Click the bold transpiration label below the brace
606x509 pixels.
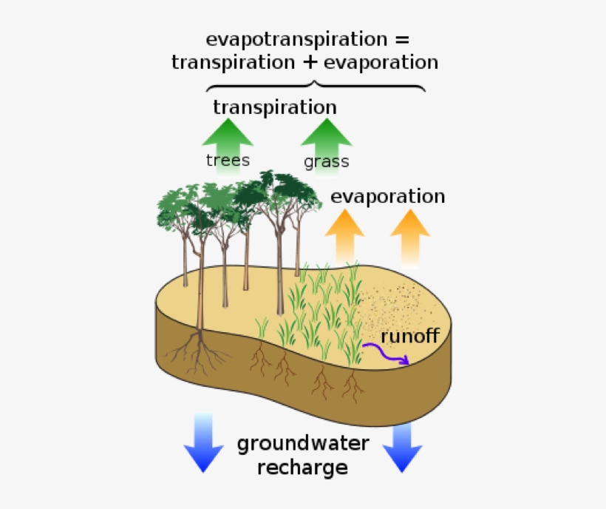pyautogui.click(x=275, y=107)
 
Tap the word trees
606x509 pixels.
pyautogui.click(x=228, y=160)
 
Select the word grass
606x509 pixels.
pyautogui.click(x=326, y=161)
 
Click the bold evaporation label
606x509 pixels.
pyautogui.click(x=387, y=196)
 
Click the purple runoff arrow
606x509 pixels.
pyautogui.click(x=385, y=355)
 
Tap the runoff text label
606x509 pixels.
pyautogui.click(x=410, y=337)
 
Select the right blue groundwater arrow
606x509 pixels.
pyautogui.click(x=403, y=447)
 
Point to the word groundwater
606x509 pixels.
pyautogui.click(x=303, y=444)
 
